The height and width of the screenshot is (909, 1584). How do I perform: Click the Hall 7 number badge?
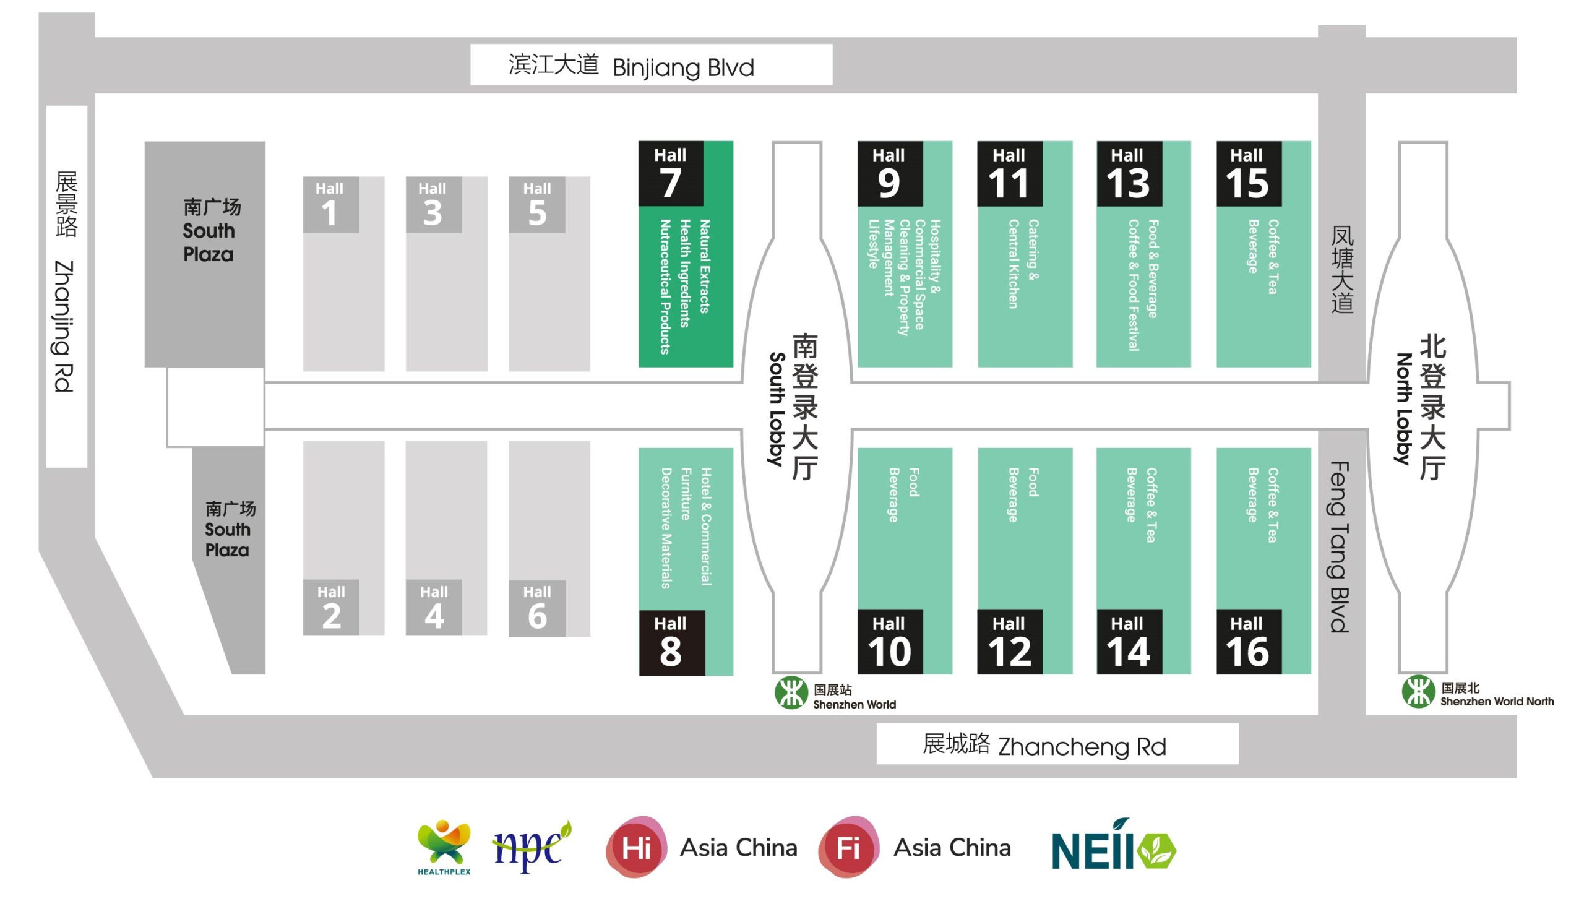click(670, 173)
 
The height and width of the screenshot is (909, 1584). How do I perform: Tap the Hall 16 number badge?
click(1248, 641)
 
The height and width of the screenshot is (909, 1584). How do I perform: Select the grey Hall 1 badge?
click(330, 204)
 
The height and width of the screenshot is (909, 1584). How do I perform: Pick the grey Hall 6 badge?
click(536, 608)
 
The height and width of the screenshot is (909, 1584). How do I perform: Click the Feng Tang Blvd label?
click(1340, 547)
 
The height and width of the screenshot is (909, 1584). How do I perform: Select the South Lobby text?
click(777, 410)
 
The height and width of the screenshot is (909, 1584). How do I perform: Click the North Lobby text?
click(1403, 410)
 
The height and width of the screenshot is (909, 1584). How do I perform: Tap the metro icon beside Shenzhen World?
click(791, 692)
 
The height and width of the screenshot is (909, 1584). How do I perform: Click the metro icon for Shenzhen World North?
click(1418, 692)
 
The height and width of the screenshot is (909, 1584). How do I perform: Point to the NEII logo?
click(1113, 847)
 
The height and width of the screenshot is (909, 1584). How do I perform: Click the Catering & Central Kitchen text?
click(1023, 264)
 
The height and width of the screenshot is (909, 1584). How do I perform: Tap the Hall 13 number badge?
click(1129, 173)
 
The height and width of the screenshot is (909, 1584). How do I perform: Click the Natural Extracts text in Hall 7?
click(705, 266)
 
